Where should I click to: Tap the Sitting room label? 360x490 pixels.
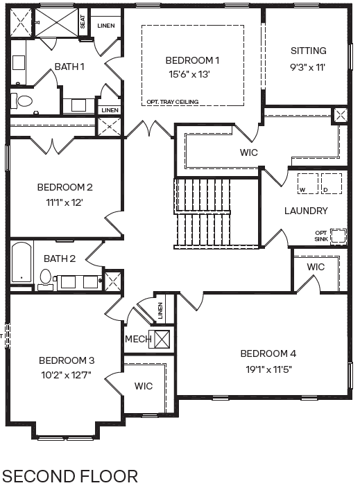[x=308, y=51]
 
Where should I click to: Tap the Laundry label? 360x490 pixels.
[x=306, y=211]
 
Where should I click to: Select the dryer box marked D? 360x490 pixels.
[x=330, y=184]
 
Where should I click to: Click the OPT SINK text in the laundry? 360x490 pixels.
[x=320, y=236]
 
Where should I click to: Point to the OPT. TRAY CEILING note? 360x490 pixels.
[x=172, y=102]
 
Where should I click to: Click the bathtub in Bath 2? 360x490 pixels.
[x=22, y=263]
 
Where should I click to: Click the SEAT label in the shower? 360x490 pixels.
[x=83, y=22]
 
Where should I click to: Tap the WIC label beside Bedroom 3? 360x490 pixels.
[x=143, y=385]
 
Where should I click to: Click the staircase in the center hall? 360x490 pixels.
[x=203, y=211]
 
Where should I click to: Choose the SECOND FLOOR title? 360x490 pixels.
[x=70, y=476]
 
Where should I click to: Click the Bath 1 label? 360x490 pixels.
[x=69, y=67]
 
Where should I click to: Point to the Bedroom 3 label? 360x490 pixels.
[x=66, y=360]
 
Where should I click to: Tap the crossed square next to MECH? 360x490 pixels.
[x=162, y=339]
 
